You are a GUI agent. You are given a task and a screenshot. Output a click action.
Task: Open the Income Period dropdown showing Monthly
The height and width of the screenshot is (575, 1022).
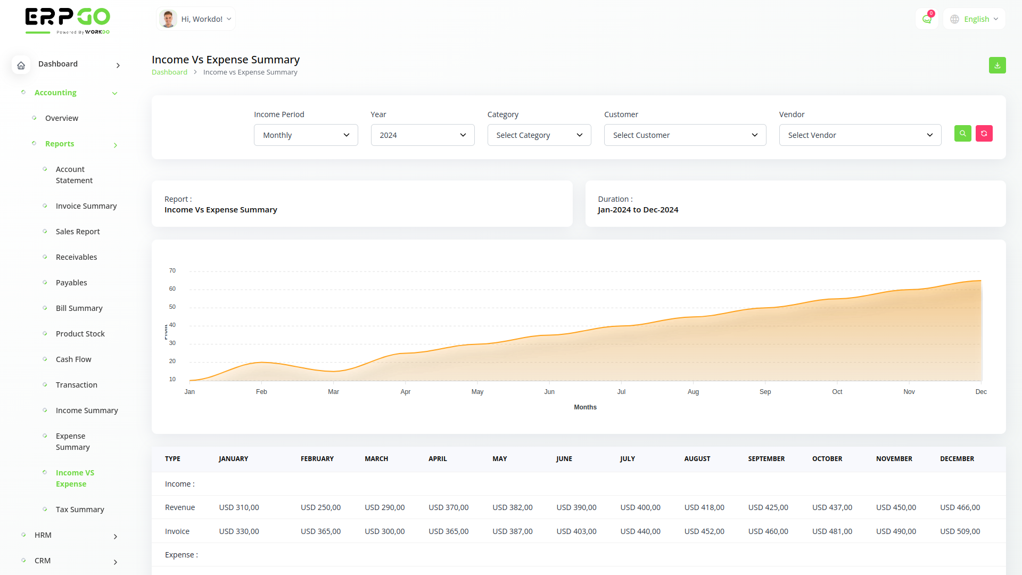coord(306,135)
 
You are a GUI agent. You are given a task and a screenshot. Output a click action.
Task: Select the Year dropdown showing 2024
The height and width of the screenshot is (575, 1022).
coord(422,135)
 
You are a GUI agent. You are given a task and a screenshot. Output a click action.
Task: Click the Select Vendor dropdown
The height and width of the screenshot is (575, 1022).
coord(860,135)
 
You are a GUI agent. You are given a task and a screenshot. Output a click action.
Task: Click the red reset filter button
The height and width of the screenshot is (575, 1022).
coord(984,134)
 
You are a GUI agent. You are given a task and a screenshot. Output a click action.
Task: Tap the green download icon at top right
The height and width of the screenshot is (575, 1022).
coord(997,65)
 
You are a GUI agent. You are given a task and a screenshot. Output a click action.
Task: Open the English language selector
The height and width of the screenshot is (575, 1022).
coord(974,19)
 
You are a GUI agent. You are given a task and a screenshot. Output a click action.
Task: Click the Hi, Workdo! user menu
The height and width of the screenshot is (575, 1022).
coord(196,19)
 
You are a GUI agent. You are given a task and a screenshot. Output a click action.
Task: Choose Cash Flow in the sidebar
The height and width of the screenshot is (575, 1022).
coord(73,359)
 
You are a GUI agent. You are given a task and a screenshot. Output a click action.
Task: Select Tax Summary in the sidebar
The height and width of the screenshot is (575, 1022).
coord(80,510)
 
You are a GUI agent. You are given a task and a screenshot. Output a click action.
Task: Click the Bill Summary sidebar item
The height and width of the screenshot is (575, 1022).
coord(79,308)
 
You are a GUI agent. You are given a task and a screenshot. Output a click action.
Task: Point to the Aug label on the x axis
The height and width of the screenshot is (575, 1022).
coord(693,392)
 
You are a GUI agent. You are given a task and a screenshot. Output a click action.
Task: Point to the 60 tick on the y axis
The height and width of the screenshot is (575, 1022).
coord(172,289)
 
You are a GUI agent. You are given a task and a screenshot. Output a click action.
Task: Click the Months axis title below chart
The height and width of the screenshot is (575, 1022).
coord(585,407)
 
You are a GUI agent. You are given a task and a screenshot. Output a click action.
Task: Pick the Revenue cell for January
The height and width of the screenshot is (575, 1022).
coord(239,507)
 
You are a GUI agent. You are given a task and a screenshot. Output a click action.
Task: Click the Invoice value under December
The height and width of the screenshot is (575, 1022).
coord(960,531)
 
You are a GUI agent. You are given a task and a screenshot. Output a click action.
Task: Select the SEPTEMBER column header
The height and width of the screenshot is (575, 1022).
coord(766,459)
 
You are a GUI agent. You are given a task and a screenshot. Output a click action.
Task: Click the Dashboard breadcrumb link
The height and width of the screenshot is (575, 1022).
coord(169,72)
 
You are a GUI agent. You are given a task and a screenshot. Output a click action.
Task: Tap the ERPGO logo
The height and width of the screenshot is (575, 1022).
coord(68,20)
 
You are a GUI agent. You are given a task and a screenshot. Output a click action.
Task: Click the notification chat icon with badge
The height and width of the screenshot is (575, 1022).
coord(927,19)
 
